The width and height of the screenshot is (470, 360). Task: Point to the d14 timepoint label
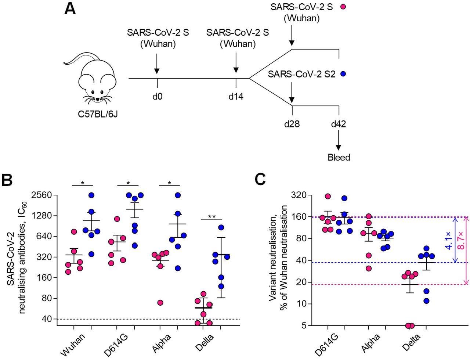coord(236,97)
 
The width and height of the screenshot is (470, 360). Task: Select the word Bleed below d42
coord(339,158)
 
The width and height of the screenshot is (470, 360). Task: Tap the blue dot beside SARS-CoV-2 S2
coord(343,73)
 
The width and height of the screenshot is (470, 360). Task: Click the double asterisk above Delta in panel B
coord(212,216)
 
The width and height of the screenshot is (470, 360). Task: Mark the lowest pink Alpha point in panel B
coord(160,303)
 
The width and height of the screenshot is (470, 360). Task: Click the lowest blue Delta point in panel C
coord(426,301)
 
